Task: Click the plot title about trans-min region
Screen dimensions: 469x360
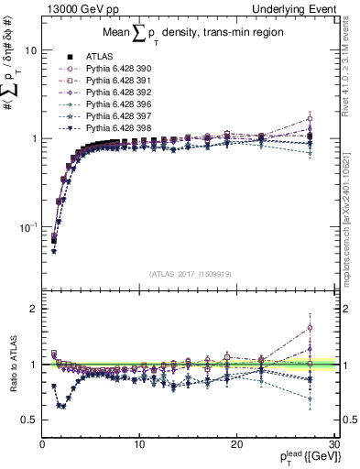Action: pos(190,35)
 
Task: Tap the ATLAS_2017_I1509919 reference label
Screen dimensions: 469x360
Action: pos(190,273)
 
